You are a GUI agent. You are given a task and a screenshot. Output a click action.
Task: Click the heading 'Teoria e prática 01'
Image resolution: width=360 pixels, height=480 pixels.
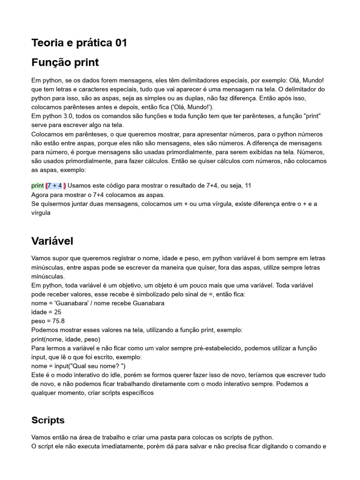click(x=79, y=43)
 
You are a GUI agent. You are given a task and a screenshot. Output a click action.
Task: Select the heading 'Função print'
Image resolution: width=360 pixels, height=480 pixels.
click(x=65, y=62)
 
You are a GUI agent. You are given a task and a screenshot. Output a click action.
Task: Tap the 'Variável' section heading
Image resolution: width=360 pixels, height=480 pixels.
click(x=52, y=241)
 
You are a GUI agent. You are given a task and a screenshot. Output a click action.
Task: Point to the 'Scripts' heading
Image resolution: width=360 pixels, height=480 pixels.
click(x=48, y=420)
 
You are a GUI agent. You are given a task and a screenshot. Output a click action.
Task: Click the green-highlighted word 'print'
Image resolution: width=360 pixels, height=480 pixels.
click(x=37, y=185)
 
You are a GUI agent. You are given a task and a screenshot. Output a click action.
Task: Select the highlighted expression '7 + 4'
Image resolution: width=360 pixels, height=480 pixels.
click(x=55, y=185)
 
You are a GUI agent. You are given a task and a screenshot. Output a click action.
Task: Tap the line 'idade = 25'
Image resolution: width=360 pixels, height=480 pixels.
click(x=46, y=312)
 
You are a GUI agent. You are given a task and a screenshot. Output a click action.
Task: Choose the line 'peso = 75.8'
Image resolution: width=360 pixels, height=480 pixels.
click(x=48, y=321)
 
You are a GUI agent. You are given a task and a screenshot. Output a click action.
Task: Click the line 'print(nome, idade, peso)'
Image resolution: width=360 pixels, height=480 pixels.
click(x=66, y=339)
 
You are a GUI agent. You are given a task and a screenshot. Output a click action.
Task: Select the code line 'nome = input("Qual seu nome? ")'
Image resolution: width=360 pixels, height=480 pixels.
click(x=78, y=366)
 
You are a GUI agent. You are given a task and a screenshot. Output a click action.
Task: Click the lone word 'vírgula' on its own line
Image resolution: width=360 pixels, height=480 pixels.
click(x=41, y=212)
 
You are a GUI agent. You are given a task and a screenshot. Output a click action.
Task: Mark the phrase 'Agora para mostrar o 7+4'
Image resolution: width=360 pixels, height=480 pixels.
click(x=72, y=194)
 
